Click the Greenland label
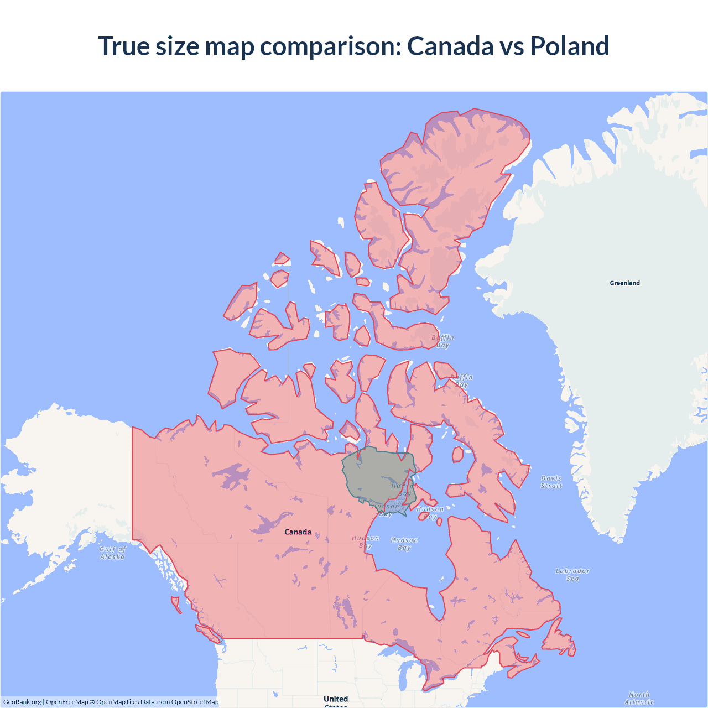[x=624, y=283]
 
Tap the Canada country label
[x=298, y=532]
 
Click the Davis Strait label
[x=551, y=482]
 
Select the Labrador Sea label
[x=572, y=574]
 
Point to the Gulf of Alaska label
[x=113, y=553]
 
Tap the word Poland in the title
[x=569, y=46]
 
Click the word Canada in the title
[x=450, y=46]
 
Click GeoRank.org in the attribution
[x=22, y=702]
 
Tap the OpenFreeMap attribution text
[x=66, y=702]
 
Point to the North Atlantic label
[x=639, y=698]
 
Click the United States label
[x=336, y=700]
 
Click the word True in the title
[x=124, y=46]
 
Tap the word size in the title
[x=177, y=46]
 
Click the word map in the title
[x=230, y=46]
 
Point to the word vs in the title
[x=511, y=46]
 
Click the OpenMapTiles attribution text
[x=118, y=702]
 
